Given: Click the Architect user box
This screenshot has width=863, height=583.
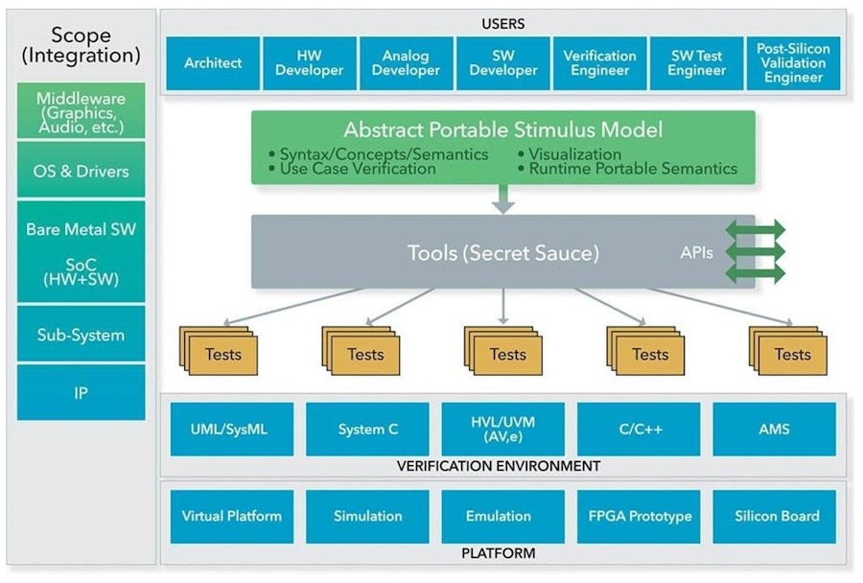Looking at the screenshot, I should tap(212, 63).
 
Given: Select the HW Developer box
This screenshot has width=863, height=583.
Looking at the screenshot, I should tap(309, 63).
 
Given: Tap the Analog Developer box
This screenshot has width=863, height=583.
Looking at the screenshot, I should tap(406, 63).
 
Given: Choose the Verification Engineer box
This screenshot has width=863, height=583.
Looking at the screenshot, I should tap(599, 63).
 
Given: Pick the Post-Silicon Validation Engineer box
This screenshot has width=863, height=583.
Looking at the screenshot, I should tap(793, 63).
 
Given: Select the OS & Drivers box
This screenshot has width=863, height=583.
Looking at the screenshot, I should tap(82, 171).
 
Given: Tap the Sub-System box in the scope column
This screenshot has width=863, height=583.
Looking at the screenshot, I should tap(82, 336).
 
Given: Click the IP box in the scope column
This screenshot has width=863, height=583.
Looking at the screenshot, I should tap(82, 392).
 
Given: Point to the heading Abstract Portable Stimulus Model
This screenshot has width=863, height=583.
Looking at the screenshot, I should tap(502, 129).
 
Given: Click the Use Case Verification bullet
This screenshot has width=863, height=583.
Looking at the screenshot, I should tap(358, 169).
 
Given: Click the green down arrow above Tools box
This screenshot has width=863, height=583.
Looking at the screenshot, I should tap(502, 199).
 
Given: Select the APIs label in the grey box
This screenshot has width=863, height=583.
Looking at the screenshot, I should tap(696, 252).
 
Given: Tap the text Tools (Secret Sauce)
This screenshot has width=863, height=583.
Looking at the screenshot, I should tap(502, 253).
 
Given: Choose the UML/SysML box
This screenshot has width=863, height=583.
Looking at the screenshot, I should tap(231, 429).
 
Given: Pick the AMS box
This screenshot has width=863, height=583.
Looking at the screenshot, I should tap(774, 429).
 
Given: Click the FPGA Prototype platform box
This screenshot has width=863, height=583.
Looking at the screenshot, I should tap(638, 516).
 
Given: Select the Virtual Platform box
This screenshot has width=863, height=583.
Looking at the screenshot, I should tap(231, 516).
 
